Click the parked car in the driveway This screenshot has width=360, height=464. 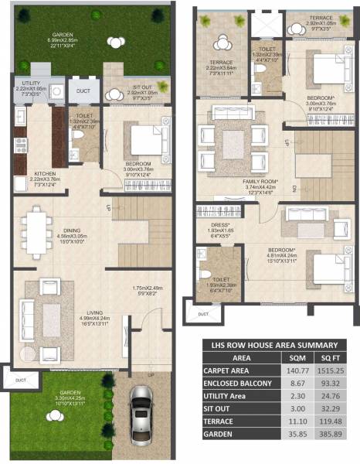click(x=141, y=410)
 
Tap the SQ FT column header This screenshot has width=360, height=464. click(x=330, y=359)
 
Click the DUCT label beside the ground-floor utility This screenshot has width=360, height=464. click(x=84, y=90)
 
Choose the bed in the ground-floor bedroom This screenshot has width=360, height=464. click(x=145, y=141)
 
